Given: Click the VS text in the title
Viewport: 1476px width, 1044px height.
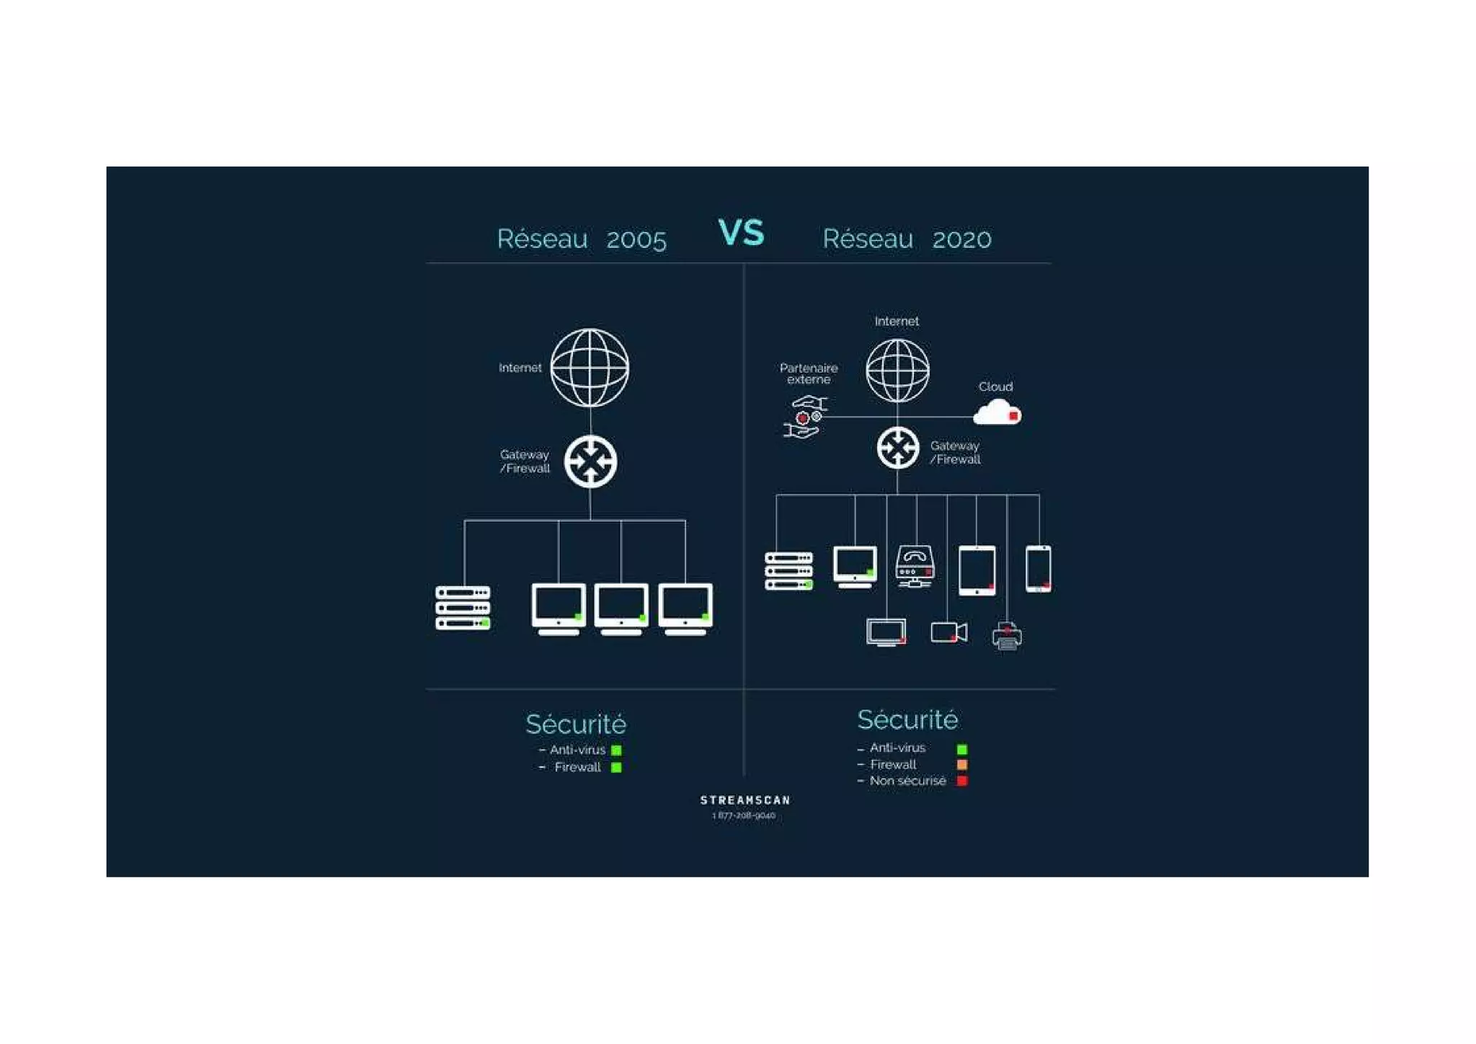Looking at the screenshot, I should [x=741, y=233].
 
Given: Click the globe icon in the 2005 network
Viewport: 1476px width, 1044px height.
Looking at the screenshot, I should [x=590, y=368].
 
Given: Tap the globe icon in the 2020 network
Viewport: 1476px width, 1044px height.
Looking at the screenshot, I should [x=897, y=371].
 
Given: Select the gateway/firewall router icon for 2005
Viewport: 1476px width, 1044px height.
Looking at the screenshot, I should [x=590, y=461].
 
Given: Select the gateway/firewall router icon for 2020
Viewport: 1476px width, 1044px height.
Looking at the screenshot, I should [x=898, y=448].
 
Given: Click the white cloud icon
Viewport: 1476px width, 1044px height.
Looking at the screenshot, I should [x=997, y=412].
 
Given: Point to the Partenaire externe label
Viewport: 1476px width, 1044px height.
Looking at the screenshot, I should [x=809, y=373].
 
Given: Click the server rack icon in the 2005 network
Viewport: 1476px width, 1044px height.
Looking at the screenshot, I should [x=463, y=608].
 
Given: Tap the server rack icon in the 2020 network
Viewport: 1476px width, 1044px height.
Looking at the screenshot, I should [x=788, y=571].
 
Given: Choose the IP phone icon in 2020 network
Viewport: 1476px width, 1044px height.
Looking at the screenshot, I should [x=915, y=566].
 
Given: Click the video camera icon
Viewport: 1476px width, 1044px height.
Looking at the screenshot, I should [x=948, y=632].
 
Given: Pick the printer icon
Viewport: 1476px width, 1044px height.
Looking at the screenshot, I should [x=1007, y=637].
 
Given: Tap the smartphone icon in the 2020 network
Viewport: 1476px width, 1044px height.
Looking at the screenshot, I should [x=1038, y=569].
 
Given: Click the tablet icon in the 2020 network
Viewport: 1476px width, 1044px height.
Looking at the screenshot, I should [x=977, y=570].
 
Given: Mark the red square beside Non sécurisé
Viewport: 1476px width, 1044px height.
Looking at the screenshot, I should [x=961, y=781].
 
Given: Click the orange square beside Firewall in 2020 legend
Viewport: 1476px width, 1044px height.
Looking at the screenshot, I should [x=961, y=764].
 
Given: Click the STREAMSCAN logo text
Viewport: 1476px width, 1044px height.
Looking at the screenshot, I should [x=745, y=800].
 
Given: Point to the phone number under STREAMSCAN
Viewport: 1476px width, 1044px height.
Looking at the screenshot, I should [x=744, y=815].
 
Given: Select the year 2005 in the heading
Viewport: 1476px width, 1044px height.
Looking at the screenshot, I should [x=636, y=239].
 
